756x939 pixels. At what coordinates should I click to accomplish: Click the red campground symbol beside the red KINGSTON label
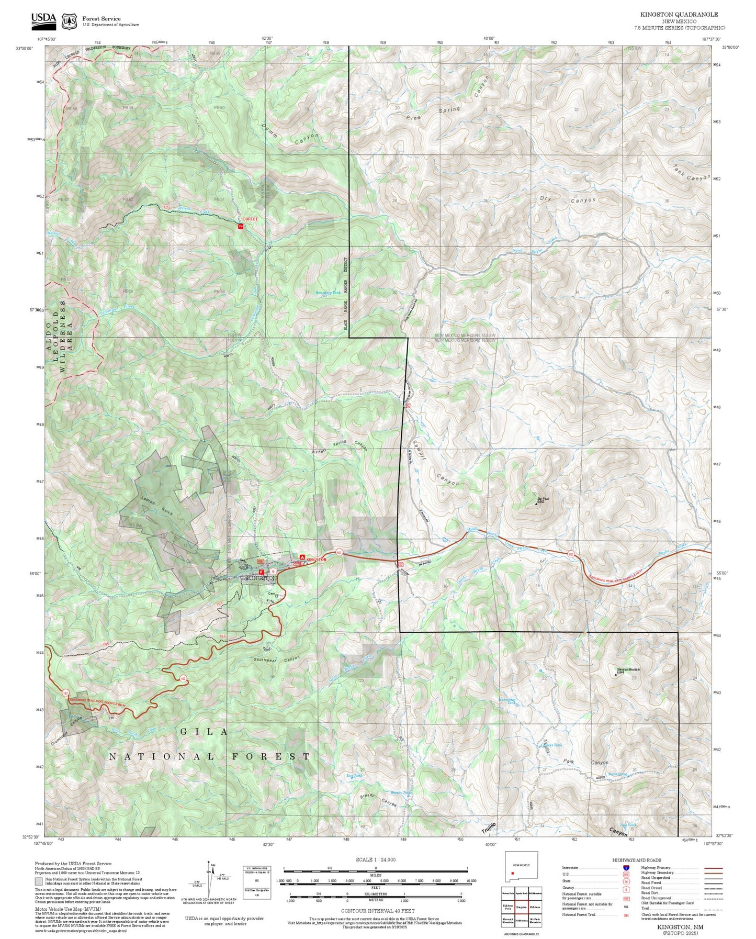302,557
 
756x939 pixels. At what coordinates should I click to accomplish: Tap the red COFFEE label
250,219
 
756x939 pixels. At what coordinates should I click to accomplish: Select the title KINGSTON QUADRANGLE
679,15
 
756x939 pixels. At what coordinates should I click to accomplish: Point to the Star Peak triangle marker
536,504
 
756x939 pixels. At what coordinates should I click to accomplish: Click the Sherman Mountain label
628,669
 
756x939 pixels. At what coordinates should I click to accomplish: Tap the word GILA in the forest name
204,732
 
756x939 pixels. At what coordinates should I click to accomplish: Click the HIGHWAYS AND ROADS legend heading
637,860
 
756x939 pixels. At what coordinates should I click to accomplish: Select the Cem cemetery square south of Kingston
276,595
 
